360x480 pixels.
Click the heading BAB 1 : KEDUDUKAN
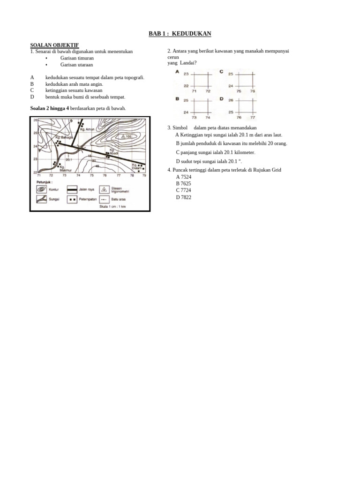pos(180,34)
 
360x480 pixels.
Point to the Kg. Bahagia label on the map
pos(64,137)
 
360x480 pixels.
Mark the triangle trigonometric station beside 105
pos(122,136)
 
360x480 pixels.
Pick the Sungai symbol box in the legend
pos(42,199)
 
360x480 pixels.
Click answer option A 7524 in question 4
pos(183,177)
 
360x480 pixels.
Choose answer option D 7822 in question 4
pos(183,197)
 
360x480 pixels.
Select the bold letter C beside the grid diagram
pos(221,72)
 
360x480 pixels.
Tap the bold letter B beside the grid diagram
pos(177,99)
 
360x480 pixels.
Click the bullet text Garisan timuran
pos(77,58)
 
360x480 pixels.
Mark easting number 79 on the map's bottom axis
pos(144,175)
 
